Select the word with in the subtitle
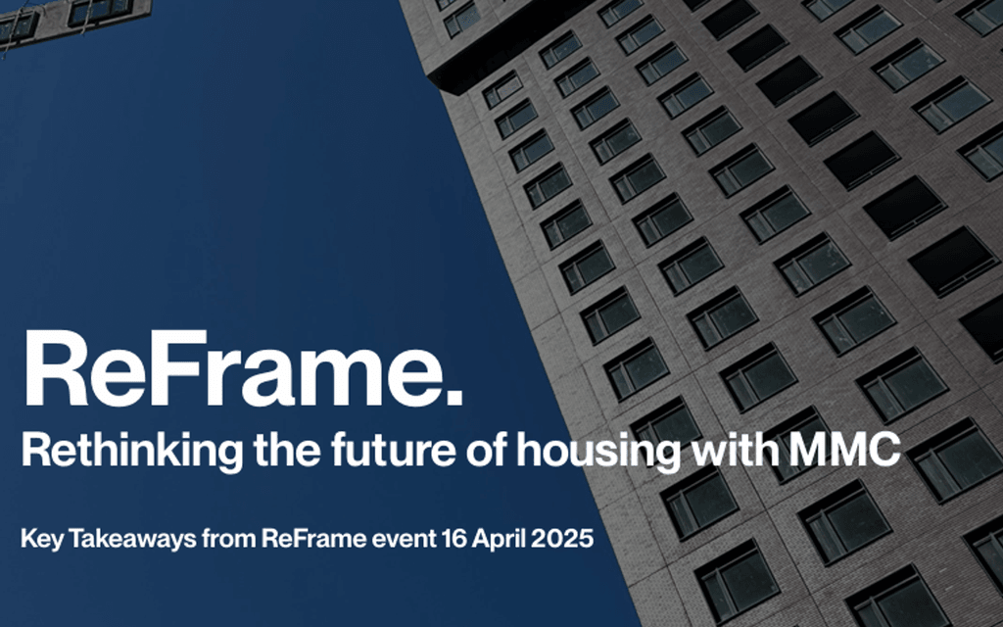(x=726, y=452)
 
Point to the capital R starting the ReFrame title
(x=54, y=370)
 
